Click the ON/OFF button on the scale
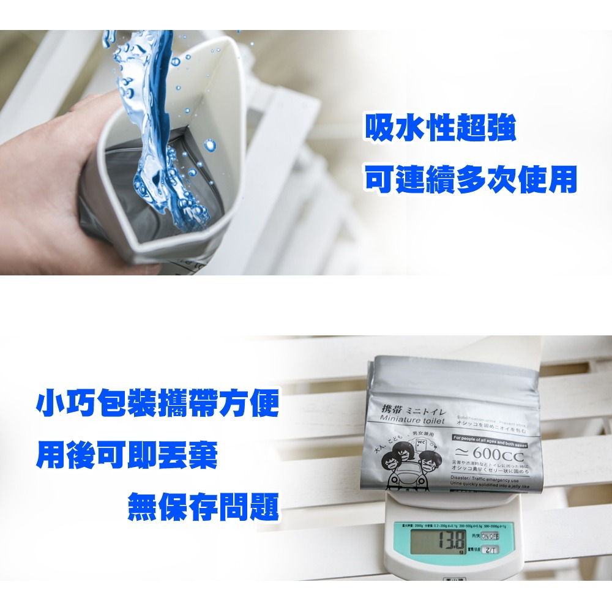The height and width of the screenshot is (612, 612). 490,536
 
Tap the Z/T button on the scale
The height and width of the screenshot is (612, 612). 490,550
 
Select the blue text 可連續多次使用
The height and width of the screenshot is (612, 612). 471,179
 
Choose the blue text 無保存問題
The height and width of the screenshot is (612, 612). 203,507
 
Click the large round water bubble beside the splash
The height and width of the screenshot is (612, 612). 210,145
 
